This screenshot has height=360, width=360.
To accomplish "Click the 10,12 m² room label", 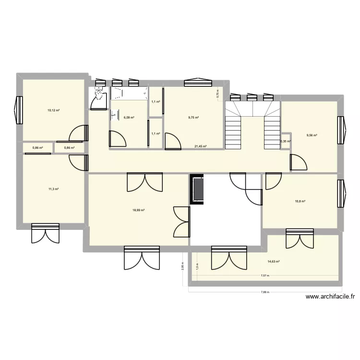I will (x=53, y=110).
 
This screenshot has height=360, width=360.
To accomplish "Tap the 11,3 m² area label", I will (x=53, y=189).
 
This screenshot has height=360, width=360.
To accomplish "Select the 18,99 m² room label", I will (x=139, y=210).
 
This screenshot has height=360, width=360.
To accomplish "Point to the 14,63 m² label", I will (x=274, y=262).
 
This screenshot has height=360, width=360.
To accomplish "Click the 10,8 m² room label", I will (x=300, y=201).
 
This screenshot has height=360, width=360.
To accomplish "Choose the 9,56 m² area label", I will (x=312, y=135).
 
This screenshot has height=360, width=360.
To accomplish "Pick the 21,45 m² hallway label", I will (x=200, y=146).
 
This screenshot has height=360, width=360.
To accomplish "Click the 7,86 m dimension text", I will (x=265, y=292).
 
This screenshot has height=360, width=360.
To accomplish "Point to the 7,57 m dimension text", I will (x=265, y=276).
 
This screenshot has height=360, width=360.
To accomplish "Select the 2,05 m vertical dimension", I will (x=182, y=265).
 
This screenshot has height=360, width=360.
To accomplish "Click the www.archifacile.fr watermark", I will (x=332, y=298).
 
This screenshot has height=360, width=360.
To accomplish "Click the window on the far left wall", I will (x=19, y=109).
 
